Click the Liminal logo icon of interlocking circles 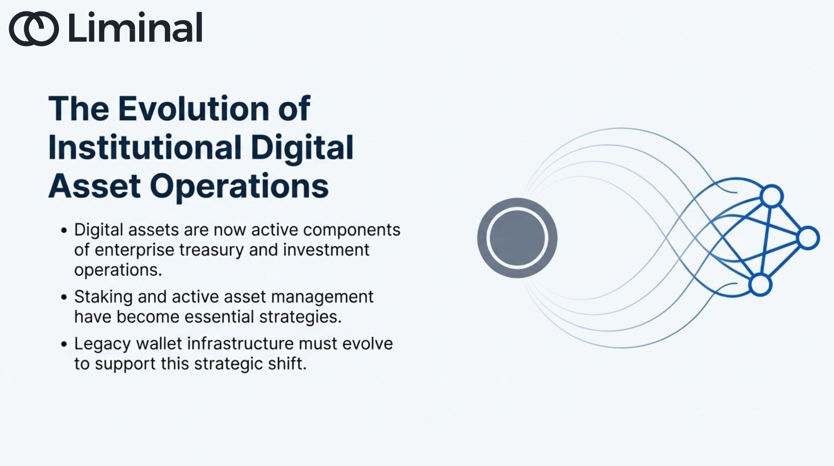coord(34,29)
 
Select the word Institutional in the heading coord(145,147)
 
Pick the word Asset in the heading coord(94,186)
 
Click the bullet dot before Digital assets coord(64,230)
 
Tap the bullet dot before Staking coord(64,297)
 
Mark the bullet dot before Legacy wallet coord(64,344)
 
